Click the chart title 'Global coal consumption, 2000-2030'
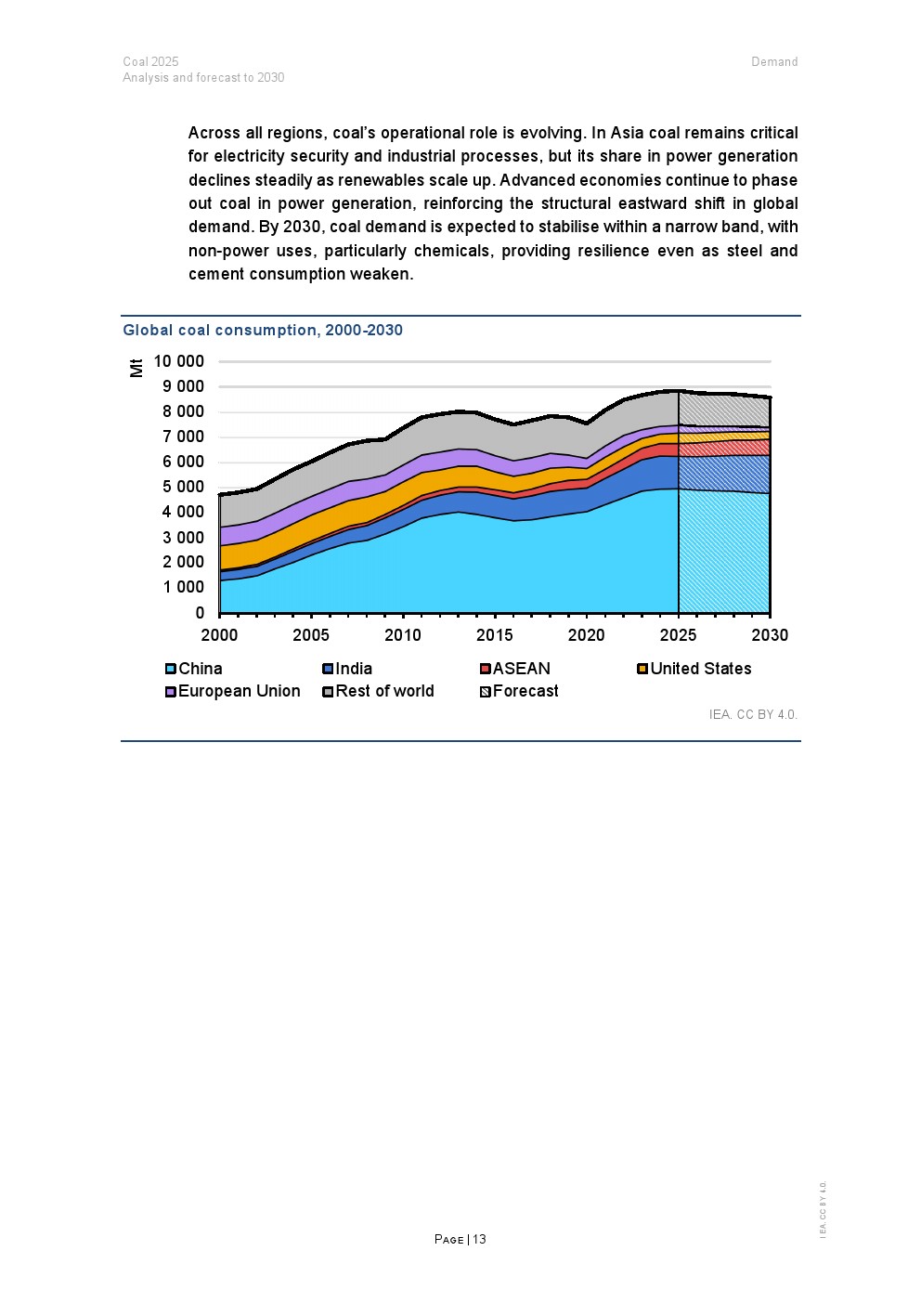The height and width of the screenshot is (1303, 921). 263,330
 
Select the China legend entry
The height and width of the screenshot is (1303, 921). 194,669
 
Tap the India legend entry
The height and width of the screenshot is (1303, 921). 347,669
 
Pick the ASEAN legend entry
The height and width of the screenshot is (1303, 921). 515,669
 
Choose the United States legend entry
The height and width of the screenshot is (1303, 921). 694,669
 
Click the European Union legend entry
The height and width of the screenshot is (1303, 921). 233,691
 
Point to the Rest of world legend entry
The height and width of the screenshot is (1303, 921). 379,691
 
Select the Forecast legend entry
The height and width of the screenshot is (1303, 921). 520,691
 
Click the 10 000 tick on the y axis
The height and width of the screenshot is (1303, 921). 178,361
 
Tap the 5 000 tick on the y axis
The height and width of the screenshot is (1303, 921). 183,487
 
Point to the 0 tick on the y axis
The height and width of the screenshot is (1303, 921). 200,613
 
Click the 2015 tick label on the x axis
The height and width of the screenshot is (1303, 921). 495,635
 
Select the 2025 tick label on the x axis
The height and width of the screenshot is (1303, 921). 679,635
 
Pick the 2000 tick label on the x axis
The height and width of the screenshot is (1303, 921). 219,635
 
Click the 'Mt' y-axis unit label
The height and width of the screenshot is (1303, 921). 136,368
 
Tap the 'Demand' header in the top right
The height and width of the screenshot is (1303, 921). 774,62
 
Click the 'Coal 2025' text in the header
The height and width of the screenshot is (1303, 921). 150,62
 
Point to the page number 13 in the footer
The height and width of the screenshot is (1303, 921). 479,1239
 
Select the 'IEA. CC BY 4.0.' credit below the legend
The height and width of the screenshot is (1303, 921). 753,714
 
